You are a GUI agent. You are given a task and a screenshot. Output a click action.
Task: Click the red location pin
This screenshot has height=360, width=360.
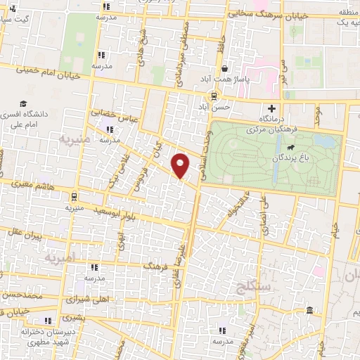(181, 165)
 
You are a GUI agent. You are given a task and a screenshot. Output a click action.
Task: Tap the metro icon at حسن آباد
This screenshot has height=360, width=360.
(211, 97)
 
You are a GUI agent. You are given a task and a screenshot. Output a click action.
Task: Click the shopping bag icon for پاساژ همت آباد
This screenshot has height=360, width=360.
(224, 69)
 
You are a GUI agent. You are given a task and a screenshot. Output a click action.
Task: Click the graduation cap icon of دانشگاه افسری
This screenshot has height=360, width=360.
(25, 104)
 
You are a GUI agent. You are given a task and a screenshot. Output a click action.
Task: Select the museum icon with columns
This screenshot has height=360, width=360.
(309, 311)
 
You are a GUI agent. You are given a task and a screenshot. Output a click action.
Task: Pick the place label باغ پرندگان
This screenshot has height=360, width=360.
(289, 158)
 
